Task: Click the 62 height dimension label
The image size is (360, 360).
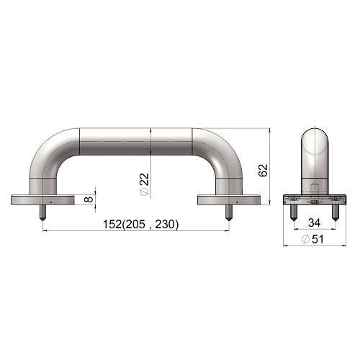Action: click(264, 171)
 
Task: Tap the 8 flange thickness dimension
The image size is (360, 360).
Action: click(89, 199)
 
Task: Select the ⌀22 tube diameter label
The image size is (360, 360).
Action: click(145, 184)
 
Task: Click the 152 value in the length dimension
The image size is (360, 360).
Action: click(112, 224)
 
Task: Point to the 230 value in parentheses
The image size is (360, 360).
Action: click(164, 224)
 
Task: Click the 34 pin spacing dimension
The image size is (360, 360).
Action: click(314, 222)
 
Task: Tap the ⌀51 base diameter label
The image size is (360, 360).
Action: click(312, 239)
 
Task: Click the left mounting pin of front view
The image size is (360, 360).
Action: click(42, 213)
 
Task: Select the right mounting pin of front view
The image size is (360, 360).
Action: click(229, 213)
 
